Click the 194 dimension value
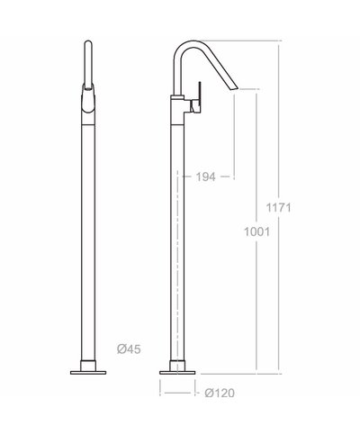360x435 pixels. [206, 177]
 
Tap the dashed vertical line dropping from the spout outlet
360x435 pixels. [233, 135]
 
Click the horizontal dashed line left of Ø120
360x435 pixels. [176, 392]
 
